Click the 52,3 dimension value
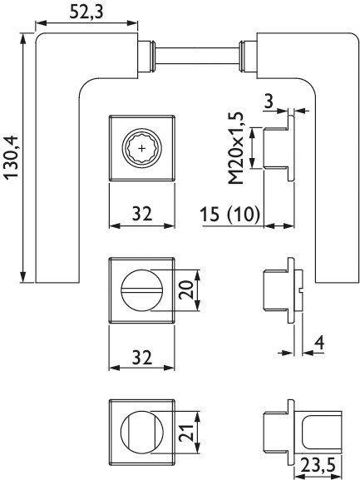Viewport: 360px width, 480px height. tap(86, 12)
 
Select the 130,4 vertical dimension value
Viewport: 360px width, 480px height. tap(12, 157)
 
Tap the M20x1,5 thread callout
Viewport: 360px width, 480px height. tap(236, 148)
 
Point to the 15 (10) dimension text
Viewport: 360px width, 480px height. tap(229, 214)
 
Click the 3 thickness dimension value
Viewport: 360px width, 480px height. tap(269, 101)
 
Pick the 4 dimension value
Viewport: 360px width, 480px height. tap(319, 343)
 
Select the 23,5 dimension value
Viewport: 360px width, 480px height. tap(318, 465)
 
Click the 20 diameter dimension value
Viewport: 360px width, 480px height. tap(186, 289)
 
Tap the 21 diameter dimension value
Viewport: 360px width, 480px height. tap(186, 433)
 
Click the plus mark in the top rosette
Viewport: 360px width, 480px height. tap(142, 148)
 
